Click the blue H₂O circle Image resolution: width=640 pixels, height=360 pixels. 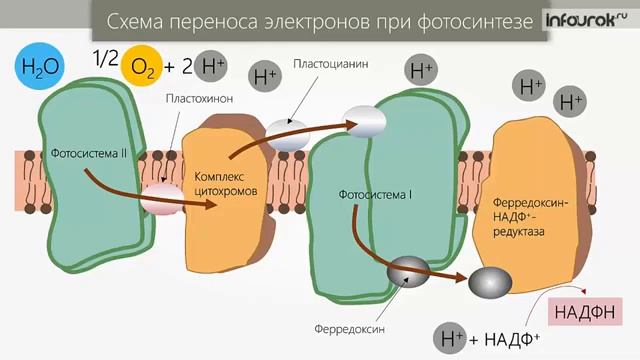coord(40,68)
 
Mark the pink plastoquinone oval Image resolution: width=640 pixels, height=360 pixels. coord(161,198)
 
